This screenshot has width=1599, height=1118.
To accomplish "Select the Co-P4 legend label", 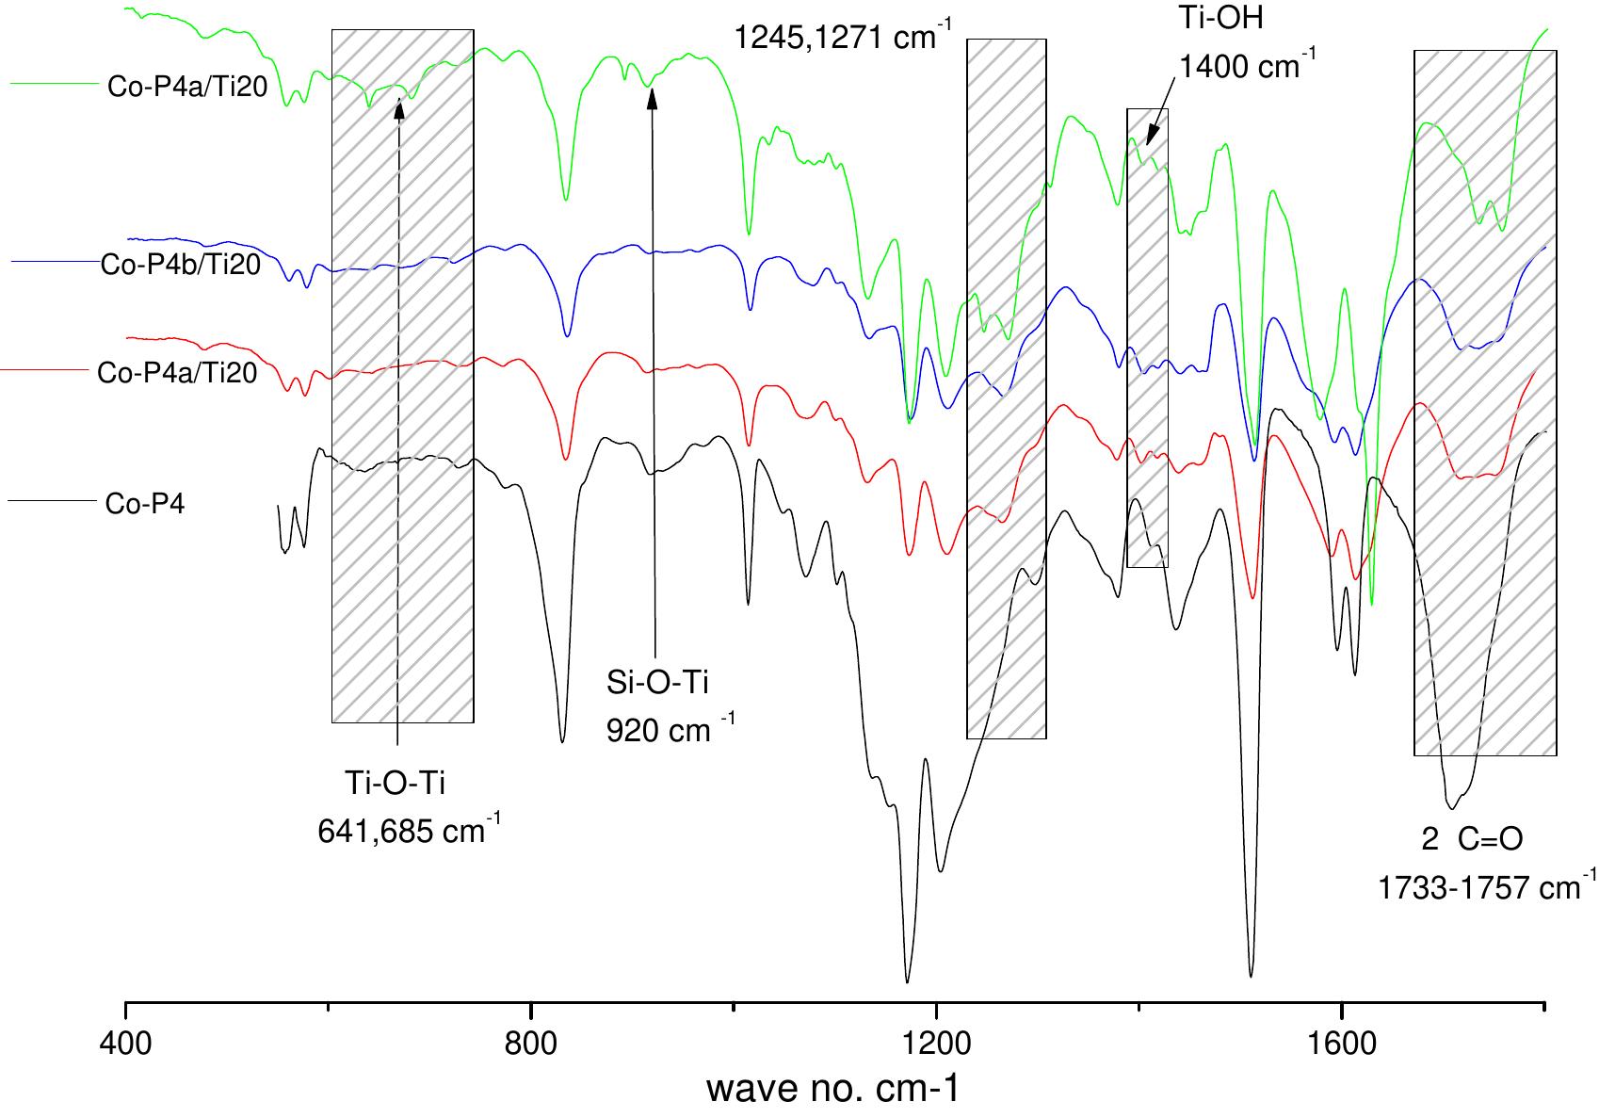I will click(145, 504).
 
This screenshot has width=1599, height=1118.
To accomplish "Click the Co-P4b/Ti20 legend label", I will click(180, 266).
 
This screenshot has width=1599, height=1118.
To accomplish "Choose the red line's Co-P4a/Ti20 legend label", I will click(177, 374).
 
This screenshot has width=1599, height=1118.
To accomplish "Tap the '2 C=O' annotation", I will click(1471, 839).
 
